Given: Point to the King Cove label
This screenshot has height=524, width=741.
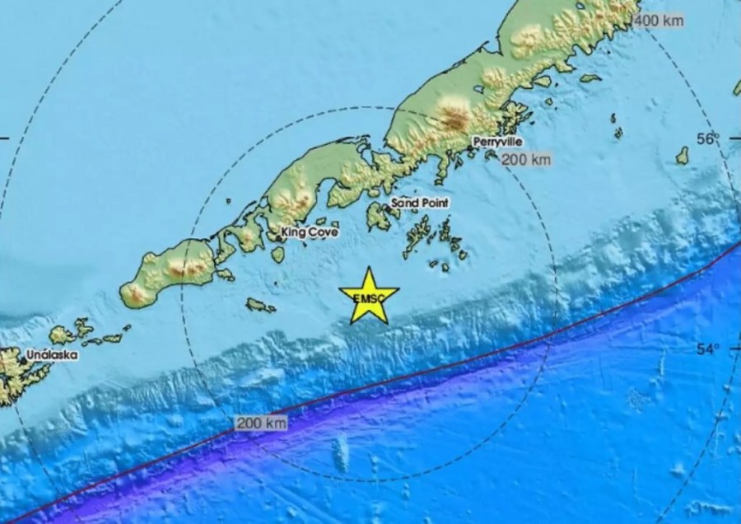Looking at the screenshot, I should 310,232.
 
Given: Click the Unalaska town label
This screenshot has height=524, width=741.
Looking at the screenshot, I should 51,354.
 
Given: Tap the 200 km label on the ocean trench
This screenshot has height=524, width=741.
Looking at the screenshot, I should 261,423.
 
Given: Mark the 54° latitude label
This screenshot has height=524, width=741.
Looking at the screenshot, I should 707,349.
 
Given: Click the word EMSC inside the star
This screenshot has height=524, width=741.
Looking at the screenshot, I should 368,298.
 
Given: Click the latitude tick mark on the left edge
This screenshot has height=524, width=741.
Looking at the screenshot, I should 4,138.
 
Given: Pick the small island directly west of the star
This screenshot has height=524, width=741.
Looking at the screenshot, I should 260,306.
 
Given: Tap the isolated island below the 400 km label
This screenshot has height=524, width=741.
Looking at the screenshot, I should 683,155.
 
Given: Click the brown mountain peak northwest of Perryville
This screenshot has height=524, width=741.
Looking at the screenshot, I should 452,114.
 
